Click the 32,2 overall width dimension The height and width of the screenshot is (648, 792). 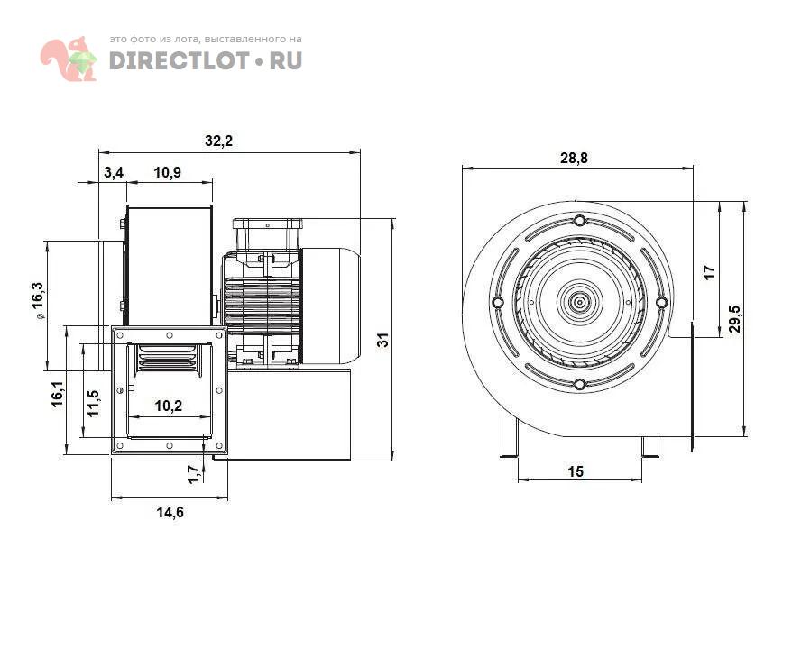click(218, 141)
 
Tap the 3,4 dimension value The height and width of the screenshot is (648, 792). click(114, 173)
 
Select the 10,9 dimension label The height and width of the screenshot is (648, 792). click(167, 173)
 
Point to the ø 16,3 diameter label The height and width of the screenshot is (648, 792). click(39, 301)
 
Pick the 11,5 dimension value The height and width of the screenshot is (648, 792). click(94, 403)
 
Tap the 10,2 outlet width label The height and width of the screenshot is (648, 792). click(168, 406)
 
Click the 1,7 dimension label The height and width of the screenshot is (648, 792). click(193, 474)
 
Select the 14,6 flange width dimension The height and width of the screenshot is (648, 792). click(170, 512)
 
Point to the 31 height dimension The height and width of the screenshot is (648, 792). click(384, 339)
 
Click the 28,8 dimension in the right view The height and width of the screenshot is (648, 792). click(574, 158)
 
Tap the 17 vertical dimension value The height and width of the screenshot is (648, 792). click(710, 272)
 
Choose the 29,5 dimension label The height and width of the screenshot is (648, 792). click(735, 319)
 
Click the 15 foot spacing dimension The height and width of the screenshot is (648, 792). click(576, 471)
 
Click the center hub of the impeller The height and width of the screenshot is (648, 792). click(580, 302)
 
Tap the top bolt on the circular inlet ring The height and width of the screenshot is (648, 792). click(580, 221)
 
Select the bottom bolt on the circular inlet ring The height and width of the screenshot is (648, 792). click(580, 385)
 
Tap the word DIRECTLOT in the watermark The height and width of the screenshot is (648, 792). click(179, 60)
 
